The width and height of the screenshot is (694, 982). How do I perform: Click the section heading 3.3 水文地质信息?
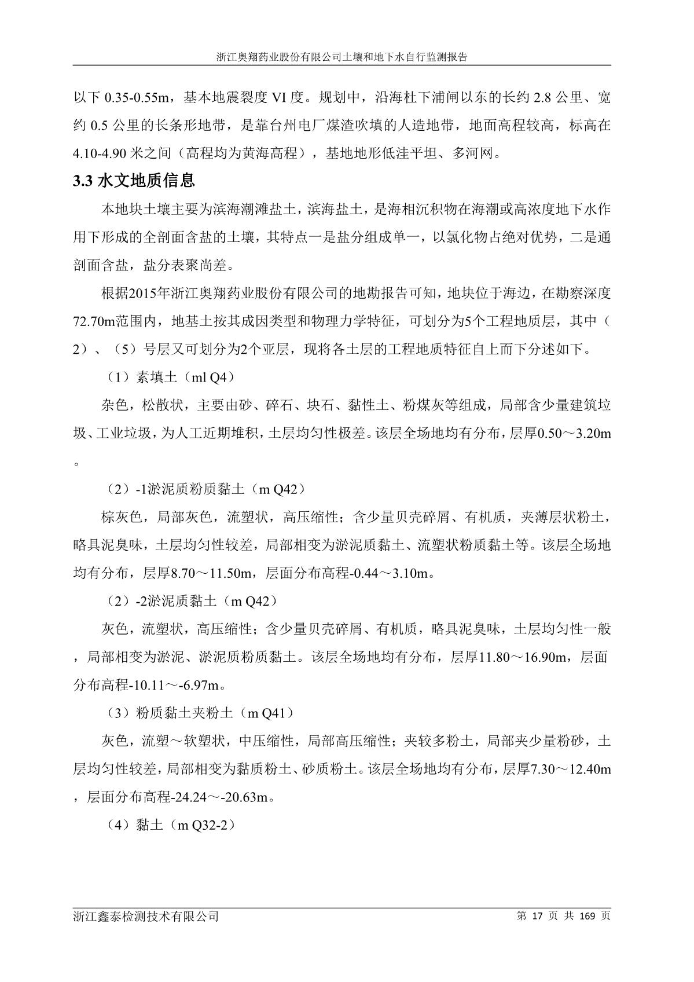click(134, 181)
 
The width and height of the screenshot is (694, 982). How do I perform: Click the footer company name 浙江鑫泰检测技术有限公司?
click(146, 917)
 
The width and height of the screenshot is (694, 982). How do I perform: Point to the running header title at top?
click(342, 58)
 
